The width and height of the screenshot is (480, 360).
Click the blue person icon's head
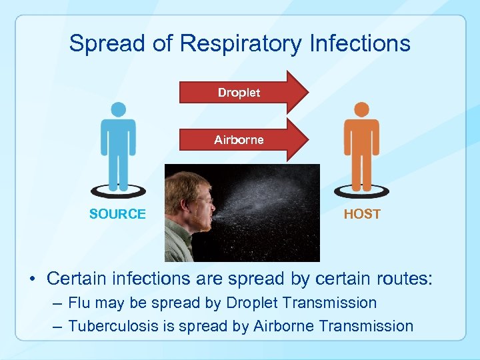(x=118, y=110)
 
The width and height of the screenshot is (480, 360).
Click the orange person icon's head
(x=361, y=110)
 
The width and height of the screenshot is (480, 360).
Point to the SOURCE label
(x=117, y=214)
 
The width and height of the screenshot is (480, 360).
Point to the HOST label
(x=362, y=214)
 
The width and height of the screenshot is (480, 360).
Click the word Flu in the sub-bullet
(x=79, y=303)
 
